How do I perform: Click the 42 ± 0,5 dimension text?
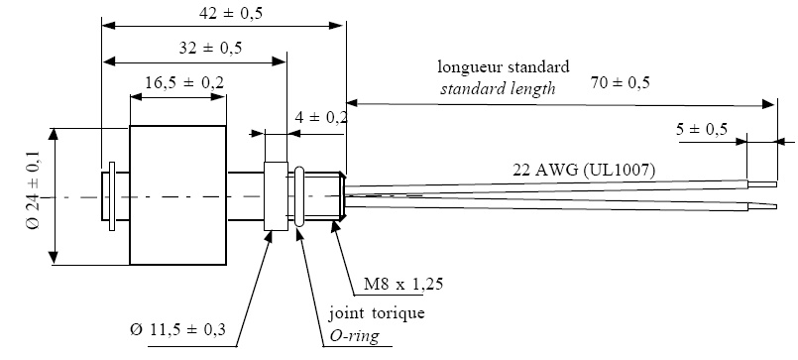215,13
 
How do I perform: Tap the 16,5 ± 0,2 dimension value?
178,83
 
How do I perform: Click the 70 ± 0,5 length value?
620,83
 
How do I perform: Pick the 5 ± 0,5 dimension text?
703,128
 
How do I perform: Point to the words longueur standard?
504,68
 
